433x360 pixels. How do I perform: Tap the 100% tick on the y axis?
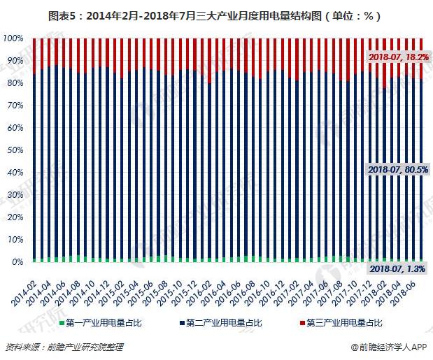13,38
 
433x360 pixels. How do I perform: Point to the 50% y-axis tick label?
15,150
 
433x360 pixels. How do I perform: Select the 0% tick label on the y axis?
17,262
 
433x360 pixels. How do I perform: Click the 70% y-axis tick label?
15,106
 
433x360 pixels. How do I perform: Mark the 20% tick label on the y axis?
15,217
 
